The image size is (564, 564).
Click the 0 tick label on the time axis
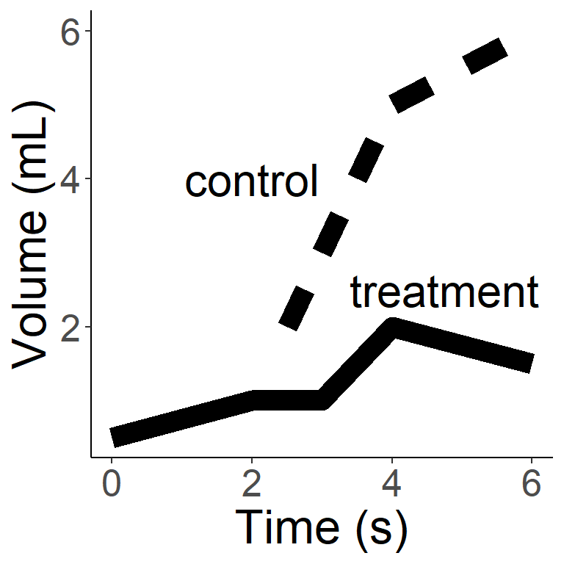[112, 486]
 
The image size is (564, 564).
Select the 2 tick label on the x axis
[252, 486]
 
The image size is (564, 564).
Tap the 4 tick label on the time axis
[392, 486]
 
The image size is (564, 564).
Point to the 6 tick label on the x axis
[531, 486]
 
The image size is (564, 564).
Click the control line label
[251, 181]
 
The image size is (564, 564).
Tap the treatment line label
[444, 292]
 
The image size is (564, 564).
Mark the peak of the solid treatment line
[393, 328]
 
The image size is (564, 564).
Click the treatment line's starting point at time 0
[113, 437]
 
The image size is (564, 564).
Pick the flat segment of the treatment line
[286, 400]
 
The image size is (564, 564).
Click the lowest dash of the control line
[297, 308]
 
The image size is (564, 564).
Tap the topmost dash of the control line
[485, 56]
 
